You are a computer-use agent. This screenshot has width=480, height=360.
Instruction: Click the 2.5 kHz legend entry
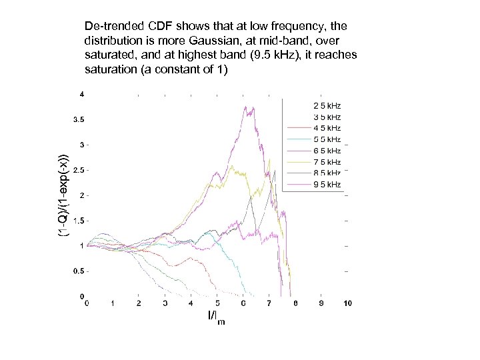click(327, 105)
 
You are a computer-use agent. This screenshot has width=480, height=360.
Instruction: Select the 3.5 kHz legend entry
click(327, 117)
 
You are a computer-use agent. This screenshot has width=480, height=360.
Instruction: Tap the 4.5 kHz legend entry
click(327, 128)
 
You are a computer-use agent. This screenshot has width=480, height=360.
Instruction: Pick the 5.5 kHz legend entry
click(327, 139)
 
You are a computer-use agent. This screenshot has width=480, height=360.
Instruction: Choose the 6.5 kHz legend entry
click(327, 151)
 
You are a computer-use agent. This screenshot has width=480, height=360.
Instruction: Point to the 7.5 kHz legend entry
click(327, 162)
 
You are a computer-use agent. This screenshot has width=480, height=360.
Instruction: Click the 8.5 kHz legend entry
click(327, 173)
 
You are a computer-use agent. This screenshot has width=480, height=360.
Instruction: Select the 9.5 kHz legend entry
click(327, 185)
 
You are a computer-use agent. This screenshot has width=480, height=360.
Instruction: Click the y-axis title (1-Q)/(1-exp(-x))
click(61, 195)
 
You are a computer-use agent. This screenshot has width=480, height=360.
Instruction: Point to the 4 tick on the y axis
click(82, 95)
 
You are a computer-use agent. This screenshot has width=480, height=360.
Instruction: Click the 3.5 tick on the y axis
click(79, 120)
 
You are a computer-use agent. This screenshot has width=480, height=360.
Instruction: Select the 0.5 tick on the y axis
click(79, 271)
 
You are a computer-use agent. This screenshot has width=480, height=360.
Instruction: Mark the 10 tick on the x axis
click(347, 303)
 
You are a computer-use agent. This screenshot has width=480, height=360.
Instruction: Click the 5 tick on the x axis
click(217, 303)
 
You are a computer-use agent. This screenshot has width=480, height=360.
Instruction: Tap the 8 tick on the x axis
click(295, 303)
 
